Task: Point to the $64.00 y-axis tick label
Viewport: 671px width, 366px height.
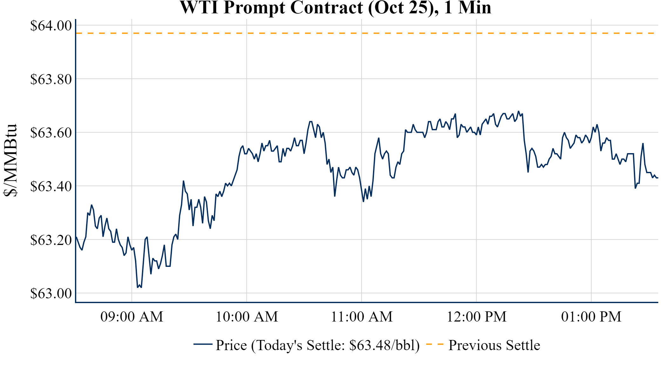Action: pos(51,25)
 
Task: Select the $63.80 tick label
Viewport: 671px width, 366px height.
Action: pos(51,79)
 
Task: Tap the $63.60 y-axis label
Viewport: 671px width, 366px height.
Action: pos(51,132)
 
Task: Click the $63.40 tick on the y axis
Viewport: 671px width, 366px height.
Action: pos(51,186)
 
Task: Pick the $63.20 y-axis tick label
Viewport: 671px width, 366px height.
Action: pos(51,240)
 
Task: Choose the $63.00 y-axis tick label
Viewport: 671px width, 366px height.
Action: pos(51,293)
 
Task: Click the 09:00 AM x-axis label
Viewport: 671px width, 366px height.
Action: pos(132,317)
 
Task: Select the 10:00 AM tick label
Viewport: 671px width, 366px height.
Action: pos(247,317)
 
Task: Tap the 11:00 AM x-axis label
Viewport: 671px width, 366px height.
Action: pos(362,317)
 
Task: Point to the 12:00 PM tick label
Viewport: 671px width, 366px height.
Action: pos(477,317)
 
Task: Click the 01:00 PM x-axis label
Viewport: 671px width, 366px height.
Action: pos(591,317)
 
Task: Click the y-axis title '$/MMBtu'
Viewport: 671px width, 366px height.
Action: pos(10,160)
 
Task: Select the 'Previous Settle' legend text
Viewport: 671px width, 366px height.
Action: pos(494,345)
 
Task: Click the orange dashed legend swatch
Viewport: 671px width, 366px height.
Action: pos(435,344)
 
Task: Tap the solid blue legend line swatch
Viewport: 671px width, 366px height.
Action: pos(203,344)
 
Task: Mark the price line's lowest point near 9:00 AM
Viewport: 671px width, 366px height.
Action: pos(138,287)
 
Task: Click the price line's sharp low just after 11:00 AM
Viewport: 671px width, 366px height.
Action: pos(363,201)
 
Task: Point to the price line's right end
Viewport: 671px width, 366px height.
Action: pos(657,178)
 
